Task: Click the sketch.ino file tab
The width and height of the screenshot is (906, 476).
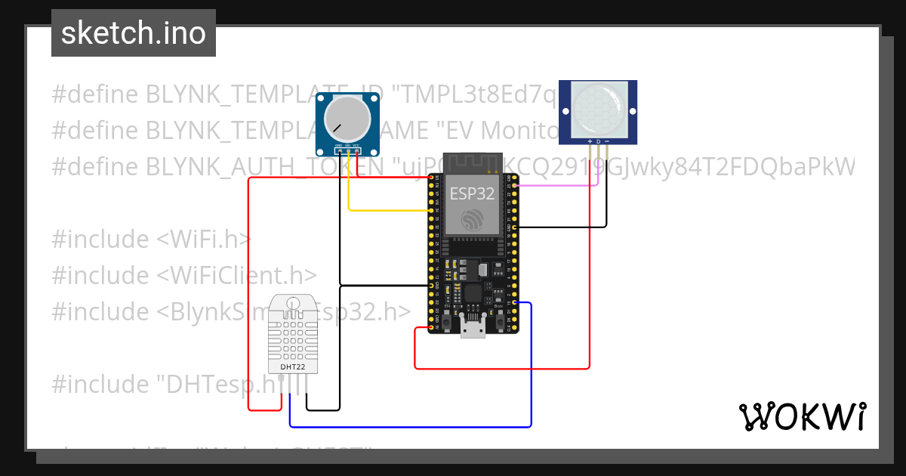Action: (x=133, y=33)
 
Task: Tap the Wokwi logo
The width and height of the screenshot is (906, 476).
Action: (x=801, y=416)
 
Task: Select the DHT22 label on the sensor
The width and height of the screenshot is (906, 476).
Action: (x=293, y=367)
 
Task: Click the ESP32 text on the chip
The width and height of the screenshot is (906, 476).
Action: (x=472, y=193)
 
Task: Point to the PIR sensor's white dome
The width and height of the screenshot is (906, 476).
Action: (x=597, y=107)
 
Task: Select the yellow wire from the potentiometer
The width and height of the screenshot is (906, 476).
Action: (x=385, y=209)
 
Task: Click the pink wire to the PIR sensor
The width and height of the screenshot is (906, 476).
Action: (x=559, y=184)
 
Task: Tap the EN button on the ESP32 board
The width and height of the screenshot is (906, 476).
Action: (x=448, y=322)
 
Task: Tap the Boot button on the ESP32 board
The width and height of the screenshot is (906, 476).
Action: (x=499, y=322)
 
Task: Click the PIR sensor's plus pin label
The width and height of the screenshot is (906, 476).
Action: (x=590, y=141)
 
